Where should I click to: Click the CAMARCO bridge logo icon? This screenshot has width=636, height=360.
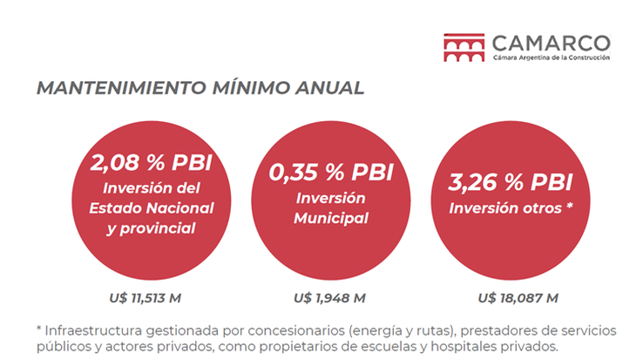click(x=463, y=47)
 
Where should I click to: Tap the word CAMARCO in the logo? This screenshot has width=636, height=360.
click(x=550, y=42)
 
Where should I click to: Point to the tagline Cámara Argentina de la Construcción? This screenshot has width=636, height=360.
click(x=551, y=58)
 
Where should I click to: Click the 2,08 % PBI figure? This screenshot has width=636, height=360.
click(x=152, y=162)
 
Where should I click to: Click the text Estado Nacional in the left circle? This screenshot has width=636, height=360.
click(x=152, y=207)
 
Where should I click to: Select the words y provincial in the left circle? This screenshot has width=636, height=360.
click(x=152, y=228)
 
